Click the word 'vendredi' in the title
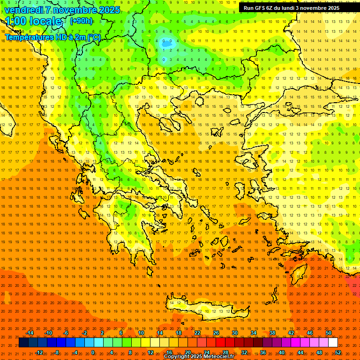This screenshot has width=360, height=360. pos(24,10)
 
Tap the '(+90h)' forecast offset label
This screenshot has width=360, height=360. pos(81,21)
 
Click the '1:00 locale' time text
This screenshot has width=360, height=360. pos(34,22)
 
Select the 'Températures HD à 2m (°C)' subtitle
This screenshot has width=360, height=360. pos(52,37)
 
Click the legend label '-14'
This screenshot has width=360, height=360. pos(30,333)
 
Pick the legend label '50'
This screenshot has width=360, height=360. pos(328,333)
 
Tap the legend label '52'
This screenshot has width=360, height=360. pos(337,352)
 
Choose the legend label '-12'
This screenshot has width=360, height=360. pos(39,352)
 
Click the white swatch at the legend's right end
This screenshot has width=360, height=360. pos(333,343)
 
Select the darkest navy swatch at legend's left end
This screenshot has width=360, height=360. pos(24,343)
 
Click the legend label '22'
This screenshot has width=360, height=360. pos(197,333)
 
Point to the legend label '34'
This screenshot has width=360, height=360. pos(253,333)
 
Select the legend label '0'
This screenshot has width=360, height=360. pos(93,352)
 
